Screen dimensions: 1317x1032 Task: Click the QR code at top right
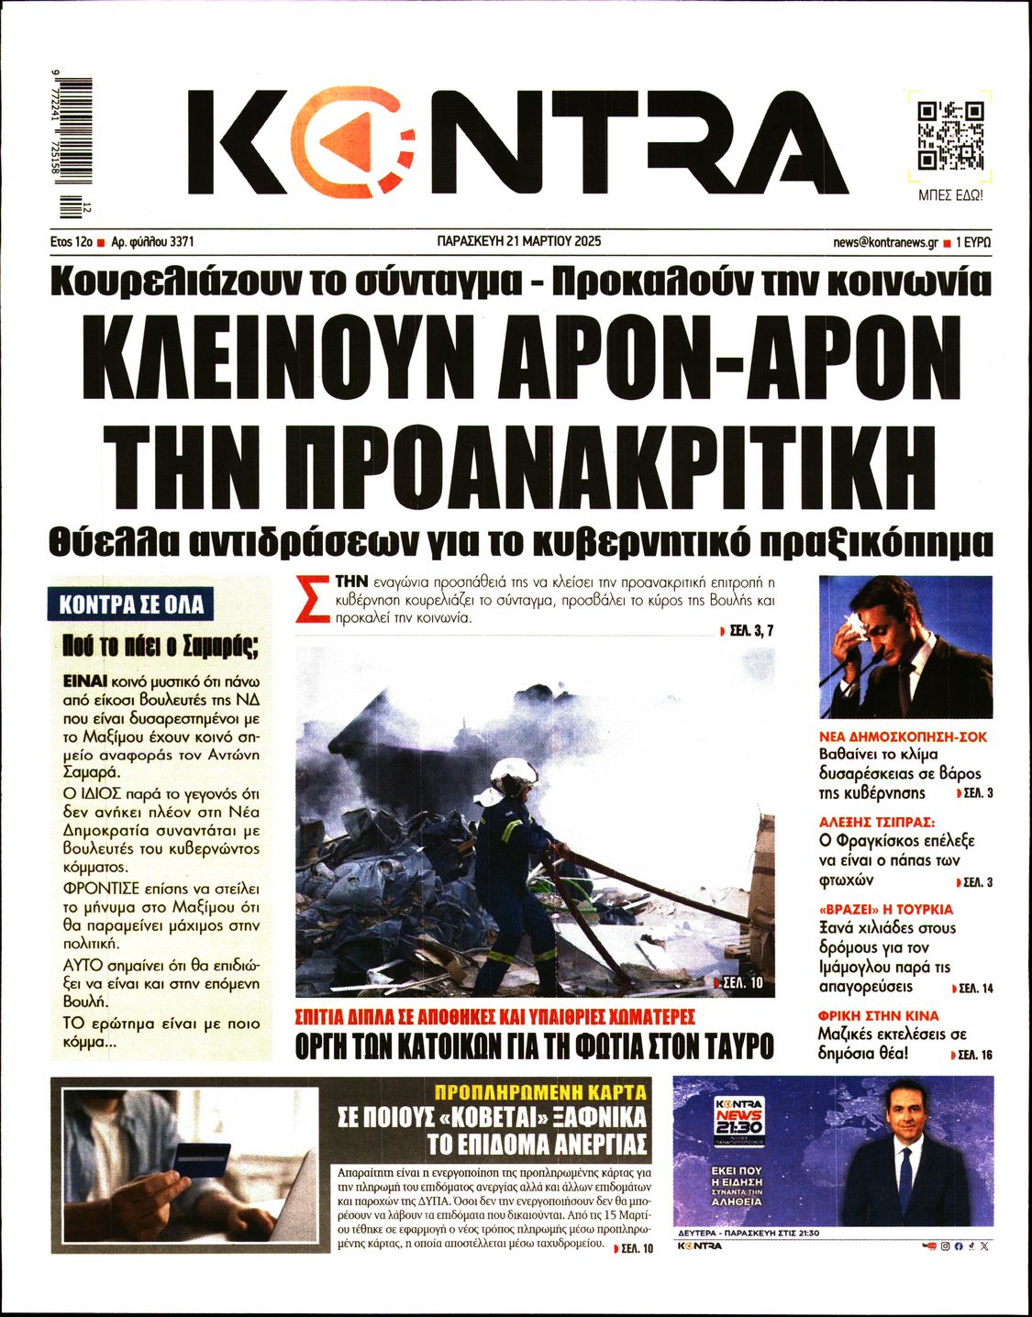(950, 135)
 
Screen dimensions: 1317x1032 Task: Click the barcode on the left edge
(72, 148)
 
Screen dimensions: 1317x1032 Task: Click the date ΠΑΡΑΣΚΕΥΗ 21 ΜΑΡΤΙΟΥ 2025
(518, 242)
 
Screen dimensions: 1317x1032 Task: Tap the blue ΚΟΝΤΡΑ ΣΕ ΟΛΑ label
(130, 604)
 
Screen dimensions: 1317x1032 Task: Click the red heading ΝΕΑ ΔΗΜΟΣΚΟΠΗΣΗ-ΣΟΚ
(903, 736)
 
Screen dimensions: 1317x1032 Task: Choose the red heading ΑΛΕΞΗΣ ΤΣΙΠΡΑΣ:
(876, 822)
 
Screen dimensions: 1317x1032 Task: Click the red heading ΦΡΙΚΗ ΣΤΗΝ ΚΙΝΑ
(878, 1015)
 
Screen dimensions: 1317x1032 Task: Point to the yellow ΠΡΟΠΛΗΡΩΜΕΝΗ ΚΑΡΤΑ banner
(540, 1092)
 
